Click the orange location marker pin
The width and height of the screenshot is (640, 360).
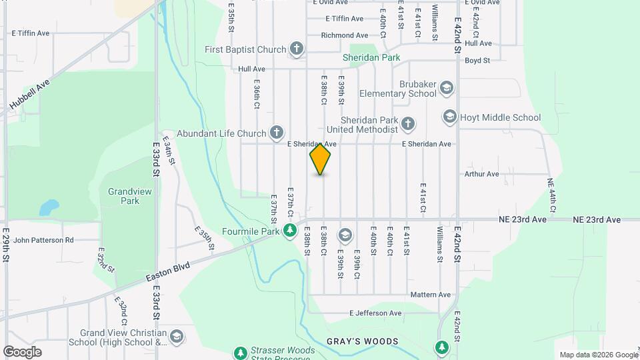point(321,159)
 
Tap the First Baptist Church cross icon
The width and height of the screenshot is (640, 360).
point(297,49)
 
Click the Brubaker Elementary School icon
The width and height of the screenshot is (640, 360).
point(446,87)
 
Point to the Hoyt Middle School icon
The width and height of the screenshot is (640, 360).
point(449,117)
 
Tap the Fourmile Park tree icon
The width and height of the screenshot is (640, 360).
point(289,231)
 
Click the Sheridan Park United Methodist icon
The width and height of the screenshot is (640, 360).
point(408,123)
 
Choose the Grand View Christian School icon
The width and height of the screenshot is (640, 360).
point(177,335)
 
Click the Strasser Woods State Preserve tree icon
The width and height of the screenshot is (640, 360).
point(240,351)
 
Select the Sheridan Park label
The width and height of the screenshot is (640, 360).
point(371,58)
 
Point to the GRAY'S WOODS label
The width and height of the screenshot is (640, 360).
point(363,341)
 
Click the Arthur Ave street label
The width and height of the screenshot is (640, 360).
point(482,175)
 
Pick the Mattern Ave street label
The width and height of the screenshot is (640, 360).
point(431,295)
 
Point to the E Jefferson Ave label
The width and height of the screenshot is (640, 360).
point(376,313)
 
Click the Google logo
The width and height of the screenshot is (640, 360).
point(22,351)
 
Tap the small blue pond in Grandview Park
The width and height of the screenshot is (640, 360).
point(48,208)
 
